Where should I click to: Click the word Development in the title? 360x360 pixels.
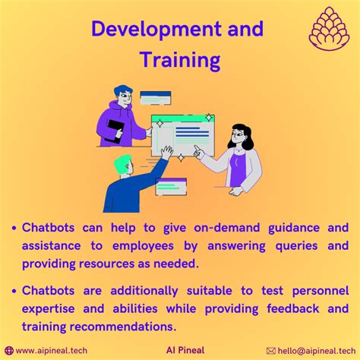(156, 30)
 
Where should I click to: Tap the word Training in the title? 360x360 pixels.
(180, 60)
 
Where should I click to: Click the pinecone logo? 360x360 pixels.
(329, 29)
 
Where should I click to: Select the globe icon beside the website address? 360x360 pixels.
(9, 351)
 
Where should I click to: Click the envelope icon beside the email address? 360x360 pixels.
(271, 351)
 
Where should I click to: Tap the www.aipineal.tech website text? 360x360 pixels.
(52, 351)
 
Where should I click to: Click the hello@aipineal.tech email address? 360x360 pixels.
(317, 351)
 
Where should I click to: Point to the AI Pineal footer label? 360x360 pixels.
(185, 350)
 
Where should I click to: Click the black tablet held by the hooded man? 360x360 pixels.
(115, 131)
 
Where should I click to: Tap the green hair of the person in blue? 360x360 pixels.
(122, 164)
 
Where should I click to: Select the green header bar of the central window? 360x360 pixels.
(183, 118)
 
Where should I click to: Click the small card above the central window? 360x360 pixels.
(156, 98)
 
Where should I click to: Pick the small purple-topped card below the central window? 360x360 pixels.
(171, 187)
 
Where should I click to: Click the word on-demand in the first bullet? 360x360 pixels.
(227, 228)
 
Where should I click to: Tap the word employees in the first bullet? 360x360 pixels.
(143, 246)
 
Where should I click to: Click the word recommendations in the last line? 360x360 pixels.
(123, 327)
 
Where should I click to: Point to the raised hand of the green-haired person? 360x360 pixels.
(167, 152)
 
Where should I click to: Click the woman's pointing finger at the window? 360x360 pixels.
(196, 147)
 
